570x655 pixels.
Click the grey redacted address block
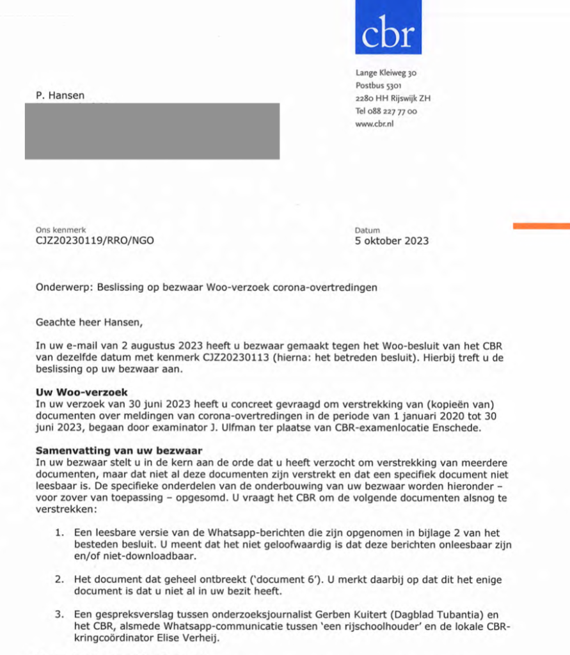tap(152, 131)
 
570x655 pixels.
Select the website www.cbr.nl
tap(374, 124)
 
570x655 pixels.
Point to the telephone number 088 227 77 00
tap(392, 111)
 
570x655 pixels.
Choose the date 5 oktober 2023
tap(391, 241)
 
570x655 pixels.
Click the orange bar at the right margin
tap(541, 225)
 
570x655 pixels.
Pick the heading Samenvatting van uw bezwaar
tap(118, 450)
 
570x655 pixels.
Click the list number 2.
tap(59, 580)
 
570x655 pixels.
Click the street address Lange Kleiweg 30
tap(386, 73)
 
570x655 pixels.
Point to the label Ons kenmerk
tap(61, 230)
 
